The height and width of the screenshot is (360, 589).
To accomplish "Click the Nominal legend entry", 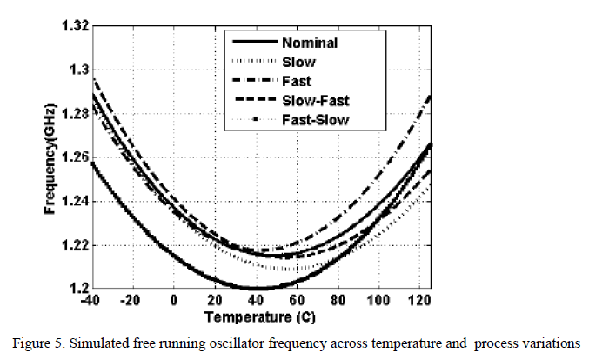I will [x=310, y=41].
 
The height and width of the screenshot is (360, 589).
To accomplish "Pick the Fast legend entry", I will [x=296, y=81].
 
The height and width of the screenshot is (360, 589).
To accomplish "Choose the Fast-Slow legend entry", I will [x=314, y=120].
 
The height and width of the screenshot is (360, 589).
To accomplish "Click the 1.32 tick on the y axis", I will [x=73, y=25].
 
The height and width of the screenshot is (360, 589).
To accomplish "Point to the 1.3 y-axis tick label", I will [x=77, y=70].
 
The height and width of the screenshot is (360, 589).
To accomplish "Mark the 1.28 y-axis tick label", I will [x=73, y=113].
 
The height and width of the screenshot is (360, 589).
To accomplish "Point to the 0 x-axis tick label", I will [x=174, y=301].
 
